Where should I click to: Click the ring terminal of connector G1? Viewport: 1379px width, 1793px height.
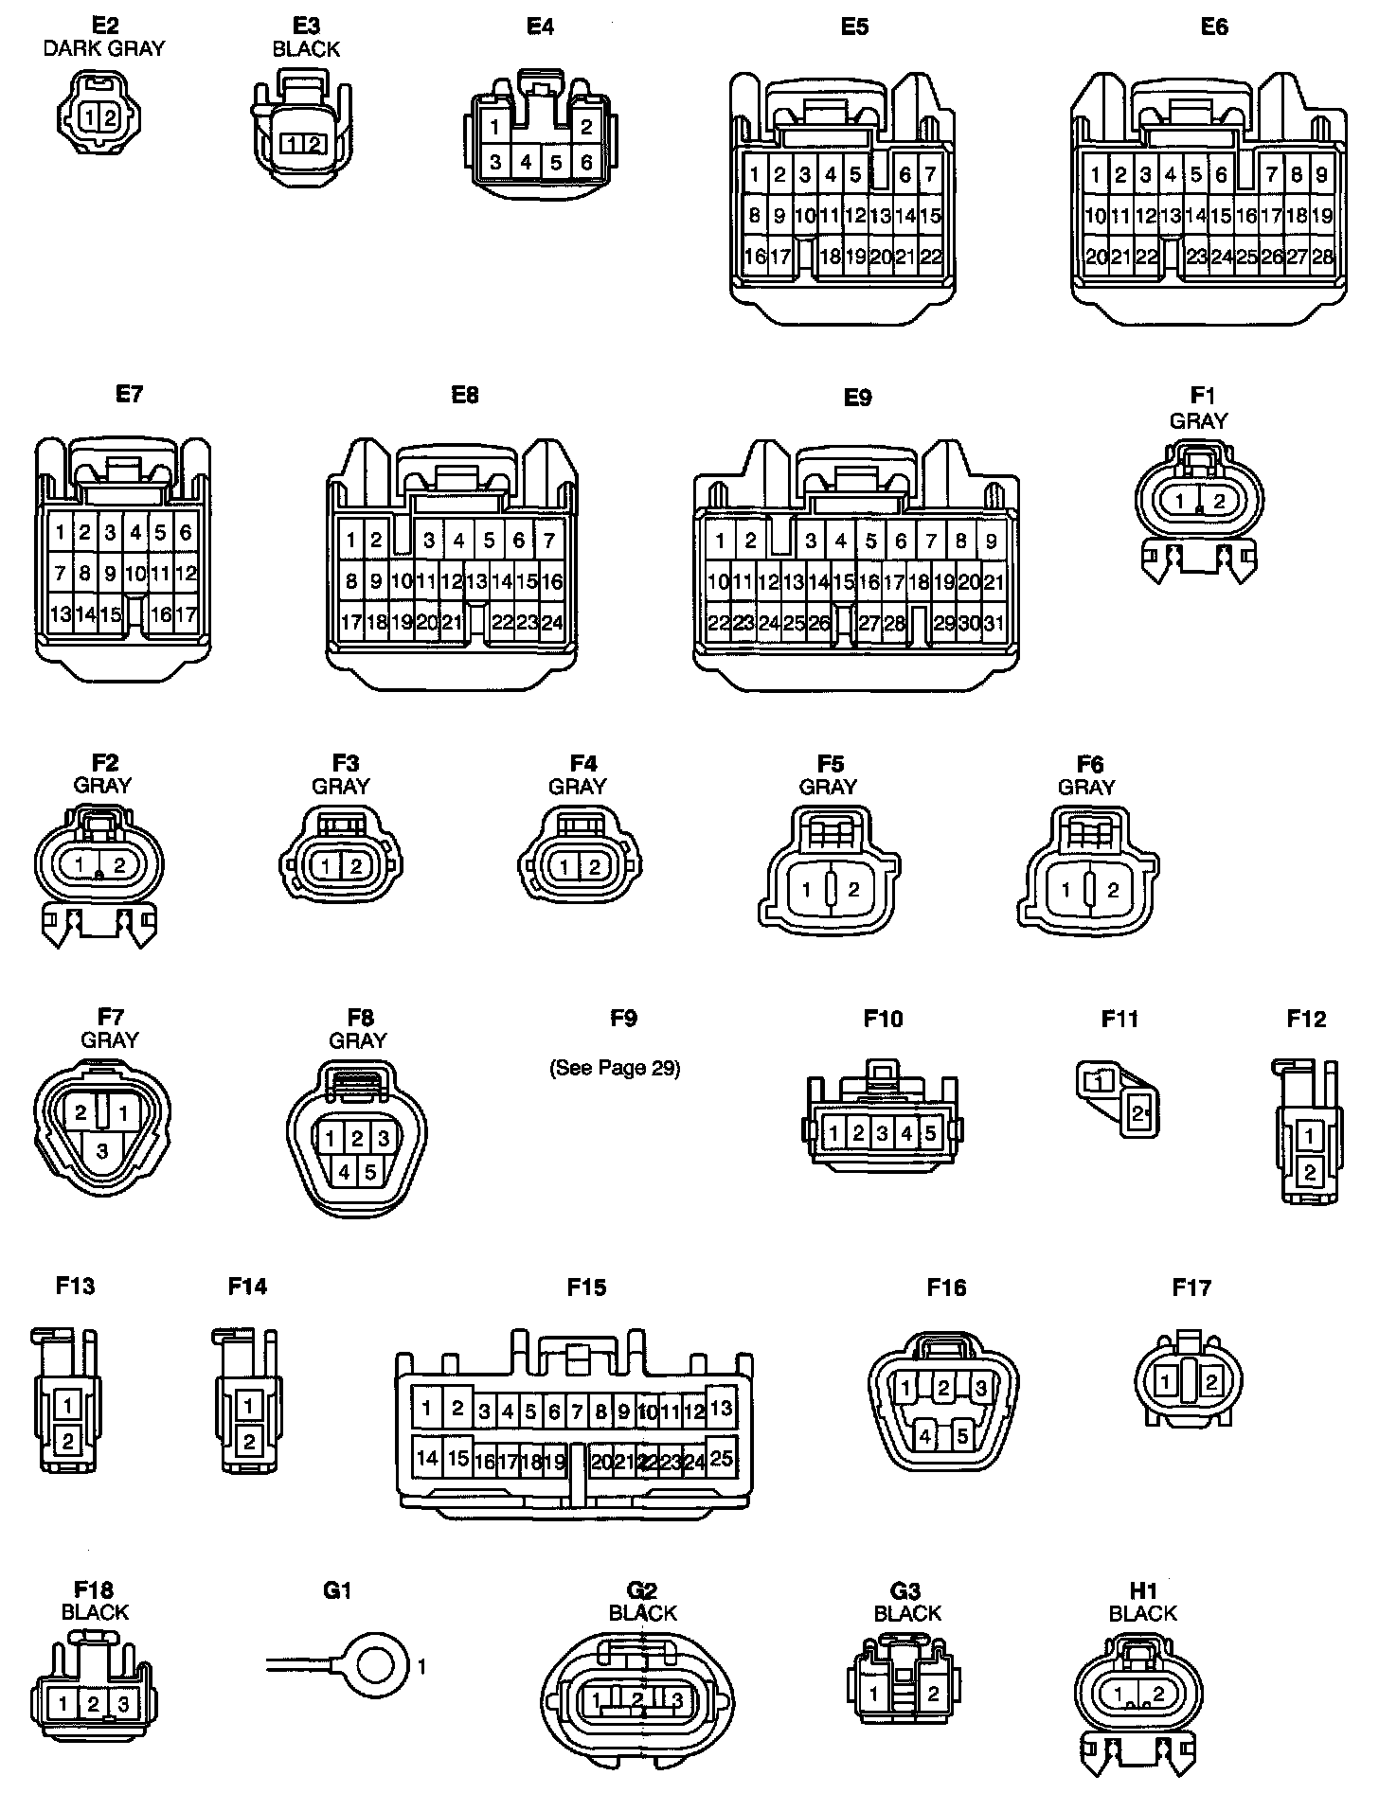coord(377,1663)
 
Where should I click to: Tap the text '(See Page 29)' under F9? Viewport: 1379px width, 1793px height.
coord(615,1068)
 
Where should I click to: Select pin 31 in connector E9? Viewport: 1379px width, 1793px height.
coord(994,623)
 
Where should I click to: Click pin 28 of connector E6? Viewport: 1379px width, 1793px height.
coord(1322,256)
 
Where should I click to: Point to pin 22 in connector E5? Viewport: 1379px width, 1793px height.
coord(930,256)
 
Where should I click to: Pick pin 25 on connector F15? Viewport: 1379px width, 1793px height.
coord(721,1458)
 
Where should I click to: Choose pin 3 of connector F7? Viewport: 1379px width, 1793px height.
coord(102,1151)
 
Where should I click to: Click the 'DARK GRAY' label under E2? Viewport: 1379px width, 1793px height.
coord(104,48)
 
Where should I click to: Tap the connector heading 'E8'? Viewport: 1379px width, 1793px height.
coord(465,395)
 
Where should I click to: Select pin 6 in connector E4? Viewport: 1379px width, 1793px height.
coord(586,162)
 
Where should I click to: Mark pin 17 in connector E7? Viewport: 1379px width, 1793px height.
coord(186,614)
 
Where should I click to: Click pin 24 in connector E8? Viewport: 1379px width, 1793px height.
coord(552,622)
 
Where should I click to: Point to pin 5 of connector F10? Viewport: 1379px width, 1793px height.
coord(930,1132)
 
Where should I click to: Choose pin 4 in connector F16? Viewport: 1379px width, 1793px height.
coord(925,1436)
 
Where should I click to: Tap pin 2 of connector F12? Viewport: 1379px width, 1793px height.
coord(1310,1172)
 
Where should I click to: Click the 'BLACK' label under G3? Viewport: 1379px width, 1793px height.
coord(907,1612)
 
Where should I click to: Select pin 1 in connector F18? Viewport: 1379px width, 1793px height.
coord(63,1704)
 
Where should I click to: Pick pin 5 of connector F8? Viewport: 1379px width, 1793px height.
coord(370,1172)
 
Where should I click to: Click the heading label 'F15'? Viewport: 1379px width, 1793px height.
coord(586,1287)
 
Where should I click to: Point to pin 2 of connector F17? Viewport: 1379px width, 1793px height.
coord(1210,1382)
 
